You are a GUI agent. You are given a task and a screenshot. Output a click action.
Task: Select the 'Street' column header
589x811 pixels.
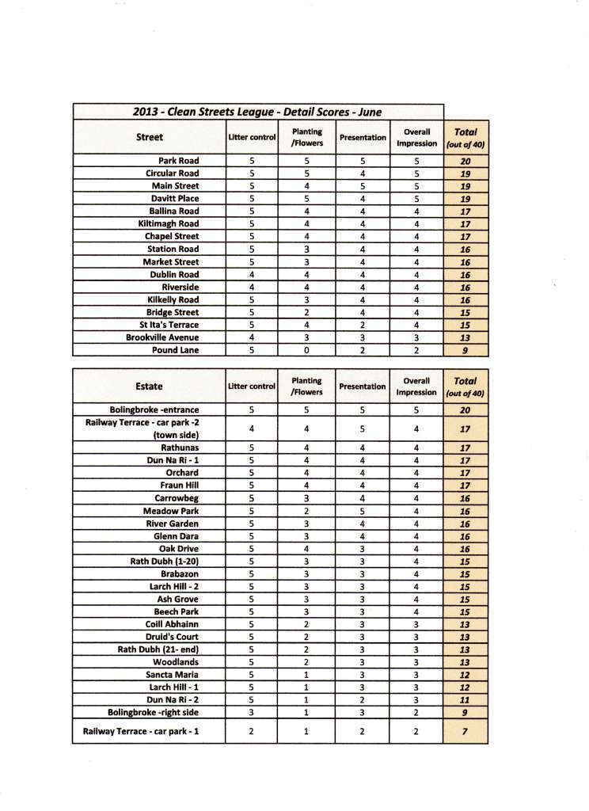[150, 137]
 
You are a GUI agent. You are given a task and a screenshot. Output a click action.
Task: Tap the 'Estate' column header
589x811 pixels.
[149, 386]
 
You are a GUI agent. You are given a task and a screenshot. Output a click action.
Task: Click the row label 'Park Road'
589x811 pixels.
[179, 161]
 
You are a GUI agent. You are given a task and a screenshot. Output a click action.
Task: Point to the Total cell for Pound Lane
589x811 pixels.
[465, 350]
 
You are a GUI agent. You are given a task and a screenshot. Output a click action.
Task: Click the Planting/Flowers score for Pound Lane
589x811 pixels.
[306, 350]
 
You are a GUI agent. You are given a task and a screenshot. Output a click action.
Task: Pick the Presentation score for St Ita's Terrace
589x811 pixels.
[363, 325]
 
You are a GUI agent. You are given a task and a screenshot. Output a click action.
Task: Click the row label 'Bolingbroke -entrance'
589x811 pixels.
[154, 410]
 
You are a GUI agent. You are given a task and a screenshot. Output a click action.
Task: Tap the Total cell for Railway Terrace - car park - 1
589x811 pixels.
[465, 732]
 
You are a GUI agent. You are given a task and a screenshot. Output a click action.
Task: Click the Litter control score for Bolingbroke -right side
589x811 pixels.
[251, 712]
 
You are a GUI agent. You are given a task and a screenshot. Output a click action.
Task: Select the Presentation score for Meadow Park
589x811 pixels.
[363, 511]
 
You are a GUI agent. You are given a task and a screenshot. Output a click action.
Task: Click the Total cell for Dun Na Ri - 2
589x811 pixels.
[465, 699]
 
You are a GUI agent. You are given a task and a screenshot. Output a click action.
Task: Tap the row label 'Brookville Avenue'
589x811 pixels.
[157, 337]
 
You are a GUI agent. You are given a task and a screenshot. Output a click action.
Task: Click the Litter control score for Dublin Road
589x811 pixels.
[251, 274]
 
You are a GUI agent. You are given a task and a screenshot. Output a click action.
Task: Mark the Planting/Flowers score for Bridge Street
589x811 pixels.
[306, 312]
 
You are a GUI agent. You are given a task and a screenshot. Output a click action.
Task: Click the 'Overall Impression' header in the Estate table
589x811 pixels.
[416, 386]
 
